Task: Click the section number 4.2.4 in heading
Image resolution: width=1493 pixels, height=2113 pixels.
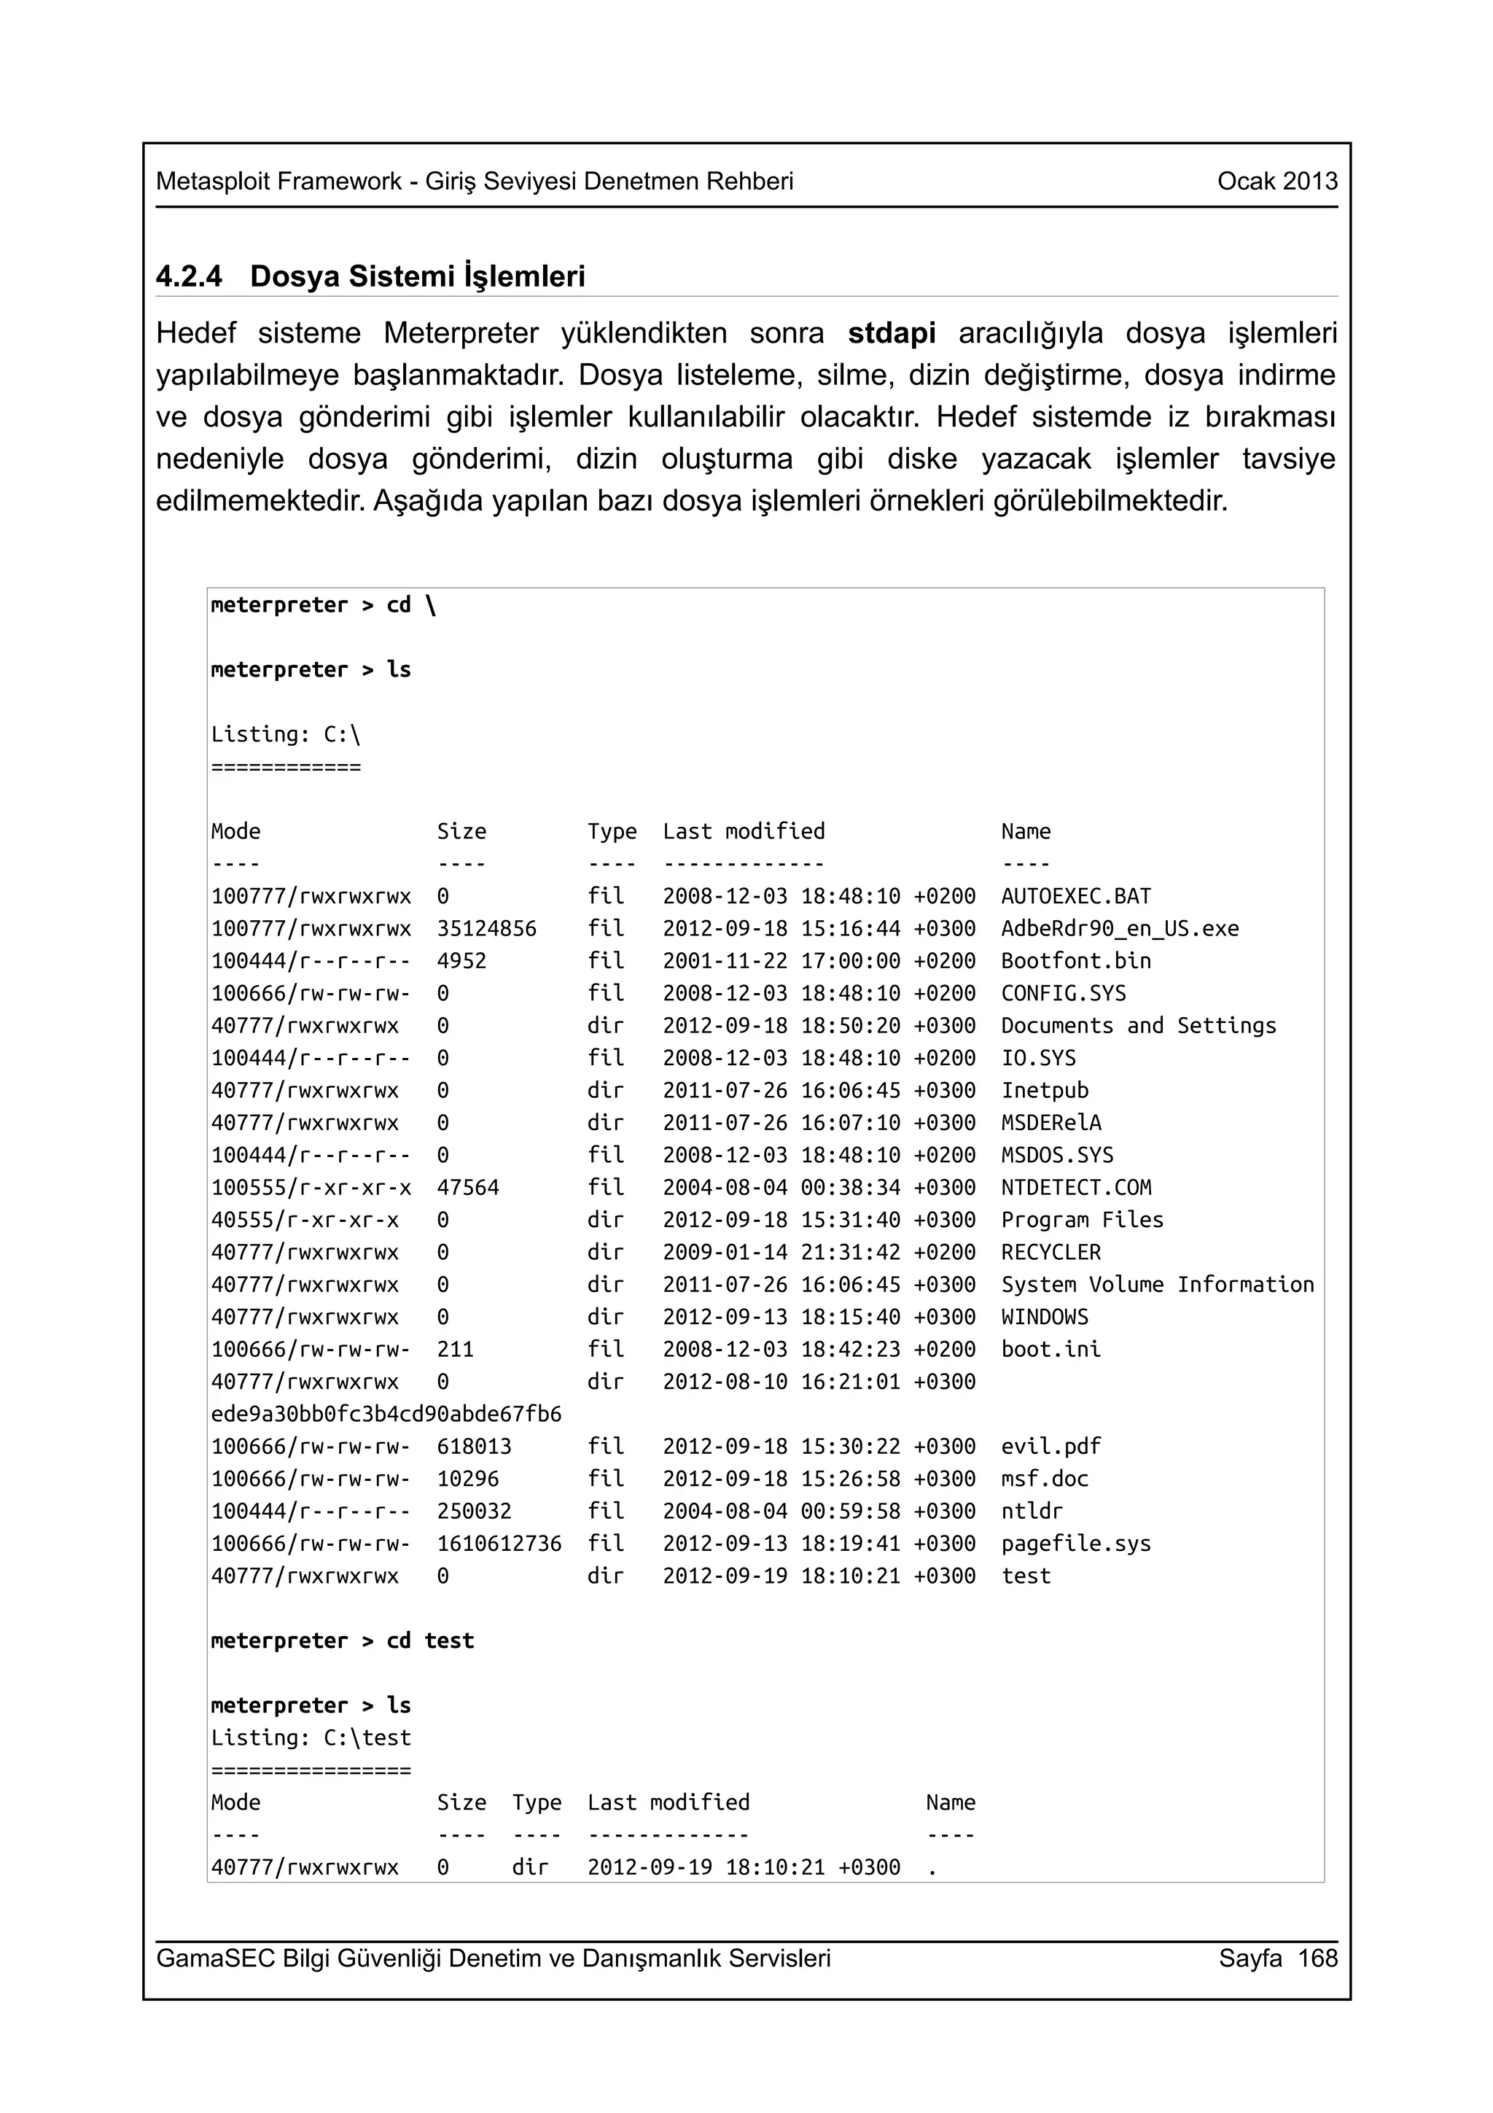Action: tap(189, 276)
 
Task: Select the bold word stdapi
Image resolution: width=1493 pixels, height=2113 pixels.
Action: tap(892, 333)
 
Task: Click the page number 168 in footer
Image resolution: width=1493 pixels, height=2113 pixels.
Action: tap(1317, 1958)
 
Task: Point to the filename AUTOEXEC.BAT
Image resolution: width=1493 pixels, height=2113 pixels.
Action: tap(1075, 896)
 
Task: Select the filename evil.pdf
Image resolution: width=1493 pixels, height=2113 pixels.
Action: tap(1050, 1447)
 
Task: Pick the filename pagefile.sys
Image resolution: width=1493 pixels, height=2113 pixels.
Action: tap(1075, 1544)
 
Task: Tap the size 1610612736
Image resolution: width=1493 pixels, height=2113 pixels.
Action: tap(499, 1544)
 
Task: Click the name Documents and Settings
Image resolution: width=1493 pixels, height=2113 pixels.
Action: tap(1138, 1026)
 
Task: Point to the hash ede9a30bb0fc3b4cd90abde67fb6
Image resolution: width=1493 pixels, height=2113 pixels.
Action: tap(386, 1414)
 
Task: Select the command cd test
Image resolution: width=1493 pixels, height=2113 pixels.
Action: tap(429, 1641)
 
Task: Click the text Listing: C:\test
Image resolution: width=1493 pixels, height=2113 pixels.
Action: tap(311, 1738)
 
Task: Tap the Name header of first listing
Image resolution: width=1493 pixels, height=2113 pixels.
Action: tap(1025, 832)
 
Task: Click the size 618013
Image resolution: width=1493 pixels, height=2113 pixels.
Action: tap(474, 1447)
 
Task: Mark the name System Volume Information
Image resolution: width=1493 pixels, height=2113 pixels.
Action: tap(1157, 1285)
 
